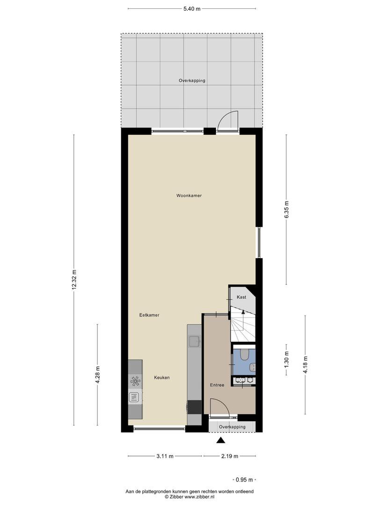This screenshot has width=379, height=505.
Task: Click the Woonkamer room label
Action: click(189, 195)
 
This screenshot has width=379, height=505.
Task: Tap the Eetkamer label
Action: click(149, 315)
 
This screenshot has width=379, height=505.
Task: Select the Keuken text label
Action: click(162, 377)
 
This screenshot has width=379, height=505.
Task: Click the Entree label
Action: click(217, 385)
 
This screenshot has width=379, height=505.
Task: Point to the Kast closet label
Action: click(241, 297)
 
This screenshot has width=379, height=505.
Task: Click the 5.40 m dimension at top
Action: click(192, 9)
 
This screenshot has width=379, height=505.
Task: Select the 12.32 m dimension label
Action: click(74, 280)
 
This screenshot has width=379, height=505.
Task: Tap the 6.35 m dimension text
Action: click(286, 209)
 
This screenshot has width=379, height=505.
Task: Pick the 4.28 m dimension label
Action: click(98, 375)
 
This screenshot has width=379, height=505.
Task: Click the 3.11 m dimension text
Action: click(165, 456)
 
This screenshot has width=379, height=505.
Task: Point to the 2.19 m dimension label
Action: click(230, 456)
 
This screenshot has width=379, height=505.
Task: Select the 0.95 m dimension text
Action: click(244, 480)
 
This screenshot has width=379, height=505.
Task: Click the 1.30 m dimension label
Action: click(286, 359)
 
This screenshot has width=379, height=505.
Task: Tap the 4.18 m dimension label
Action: click(305, 365)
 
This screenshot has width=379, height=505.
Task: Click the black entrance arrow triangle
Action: click(221, 440)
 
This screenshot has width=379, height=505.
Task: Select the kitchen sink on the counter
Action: click(194, 341)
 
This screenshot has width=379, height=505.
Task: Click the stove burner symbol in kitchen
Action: click(135, 382)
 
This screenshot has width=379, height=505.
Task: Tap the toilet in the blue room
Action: click(245, 355)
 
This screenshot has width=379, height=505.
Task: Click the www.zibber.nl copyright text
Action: click(189, 497)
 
